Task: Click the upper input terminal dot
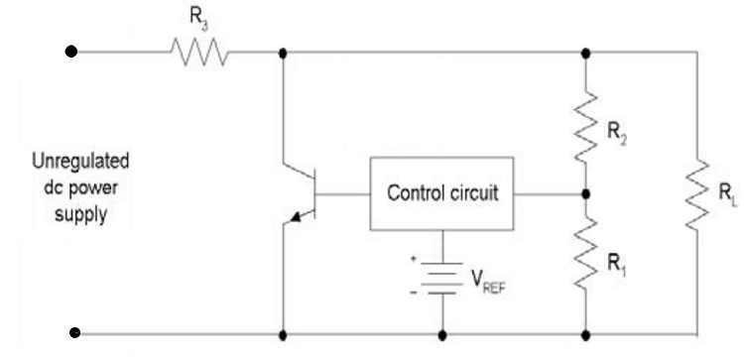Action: click(70, 51)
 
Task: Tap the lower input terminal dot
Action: click(70, 334)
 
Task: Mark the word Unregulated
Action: click(67, 161)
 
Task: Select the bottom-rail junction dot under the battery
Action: click(440, 334)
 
